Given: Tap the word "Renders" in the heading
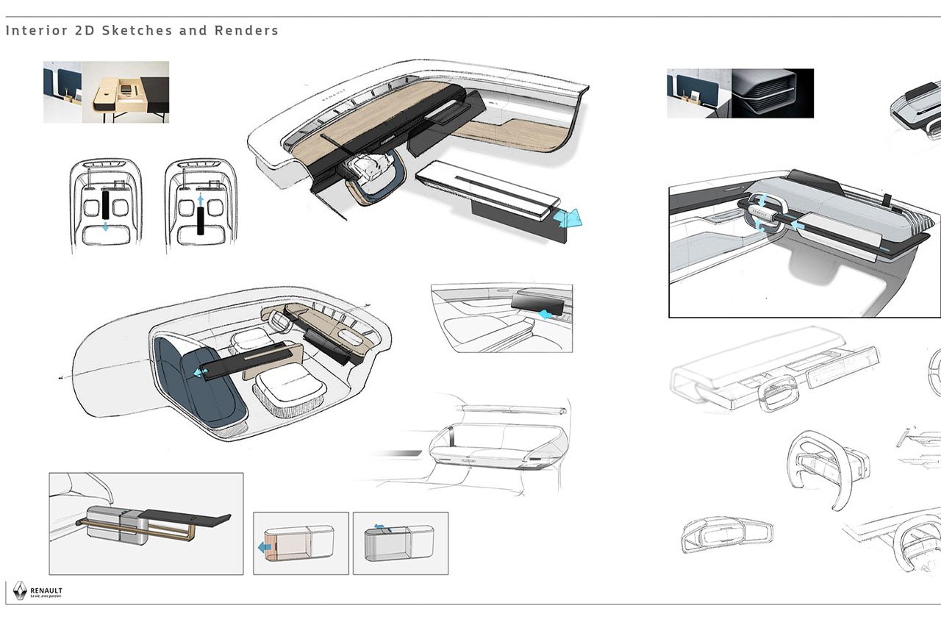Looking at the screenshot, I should (246, 31).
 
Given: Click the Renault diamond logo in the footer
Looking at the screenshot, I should (20, 590).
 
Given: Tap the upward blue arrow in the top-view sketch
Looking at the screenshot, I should (201, 199).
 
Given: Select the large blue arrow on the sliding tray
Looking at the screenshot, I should (570, 218).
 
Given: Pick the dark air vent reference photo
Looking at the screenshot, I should (773, 93).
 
